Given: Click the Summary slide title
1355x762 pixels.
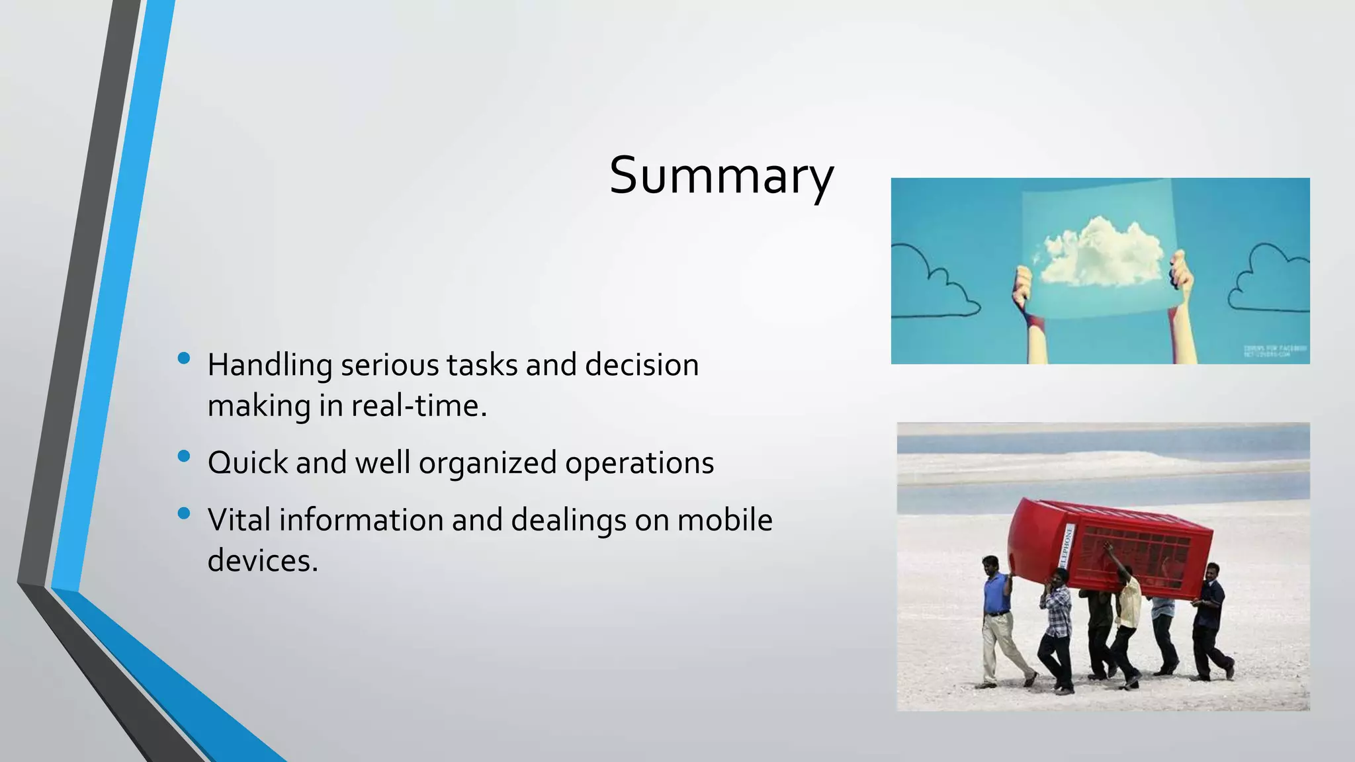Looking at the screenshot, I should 721,176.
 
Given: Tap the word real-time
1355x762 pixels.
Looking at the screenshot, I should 418,406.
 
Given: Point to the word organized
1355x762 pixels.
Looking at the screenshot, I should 488,463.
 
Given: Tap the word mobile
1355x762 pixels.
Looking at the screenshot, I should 724,520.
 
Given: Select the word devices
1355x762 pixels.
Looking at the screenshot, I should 263,561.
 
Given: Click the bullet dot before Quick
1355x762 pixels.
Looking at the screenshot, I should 184,456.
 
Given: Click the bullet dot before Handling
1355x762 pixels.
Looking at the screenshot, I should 184,359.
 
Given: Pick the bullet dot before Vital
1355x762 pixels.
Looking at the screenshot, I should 184,513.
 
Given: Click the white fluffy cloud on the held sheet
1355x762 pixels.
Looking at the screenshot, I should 1102,251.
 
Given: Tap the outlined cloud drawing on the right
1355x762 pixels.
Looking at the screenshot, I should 1267,278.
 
